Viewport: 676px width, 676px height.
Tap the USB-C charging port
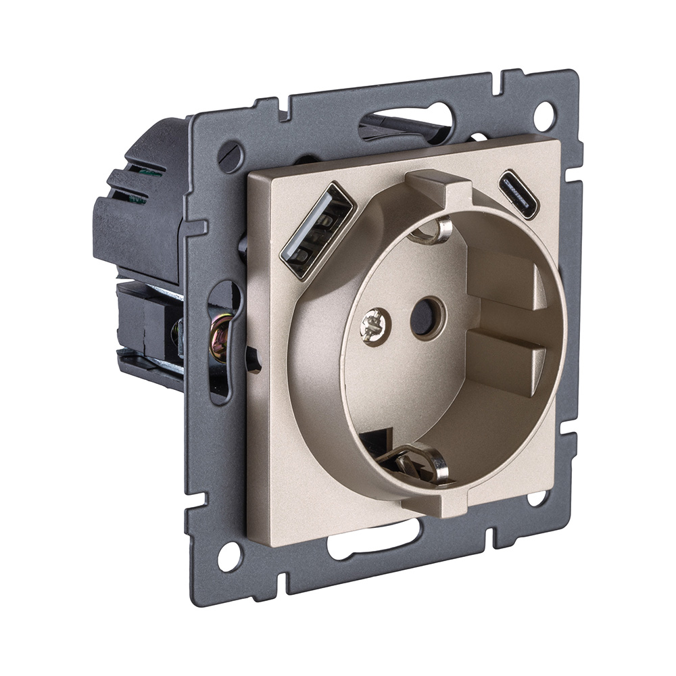coord(518,195)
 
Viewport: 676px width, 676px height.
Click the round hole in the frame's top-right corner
coord(544,116)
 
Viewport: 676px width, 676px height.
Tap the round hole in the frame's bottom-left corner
coord(228,556)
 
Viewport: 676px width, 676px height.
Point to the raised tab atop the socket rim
coord(437,189)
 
